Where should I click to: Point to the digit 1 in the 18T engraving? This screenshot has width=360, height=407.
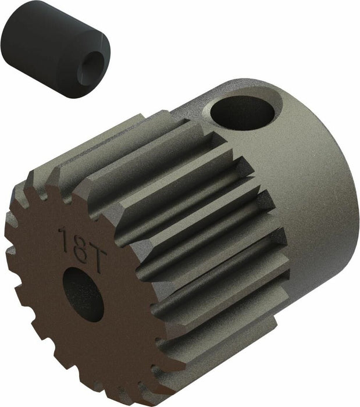tap(64, 238)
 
